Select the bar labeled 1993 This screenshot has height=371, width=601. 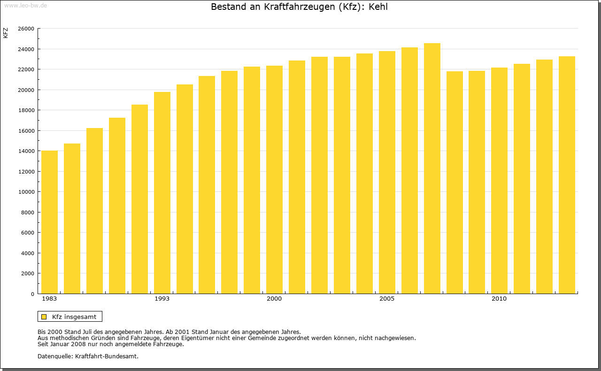pos(162,193)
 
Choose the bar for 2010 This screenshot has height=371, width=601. pos(499,181)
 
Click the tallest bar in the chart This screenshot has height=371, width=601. pos(432,168)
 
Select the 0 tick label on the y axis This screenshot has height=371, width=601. pos(32,294)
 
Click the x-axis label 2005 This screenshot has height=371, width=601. pos(387,299)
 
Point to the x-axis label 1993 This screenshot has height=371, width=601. pos(162,299)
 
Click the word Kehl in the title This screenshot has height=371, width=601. pos(378,7)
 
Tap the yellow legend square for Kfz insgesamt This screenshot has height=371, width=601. pos(44,317)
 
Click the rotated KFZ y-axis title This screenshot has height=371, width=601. pos(6,33)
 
